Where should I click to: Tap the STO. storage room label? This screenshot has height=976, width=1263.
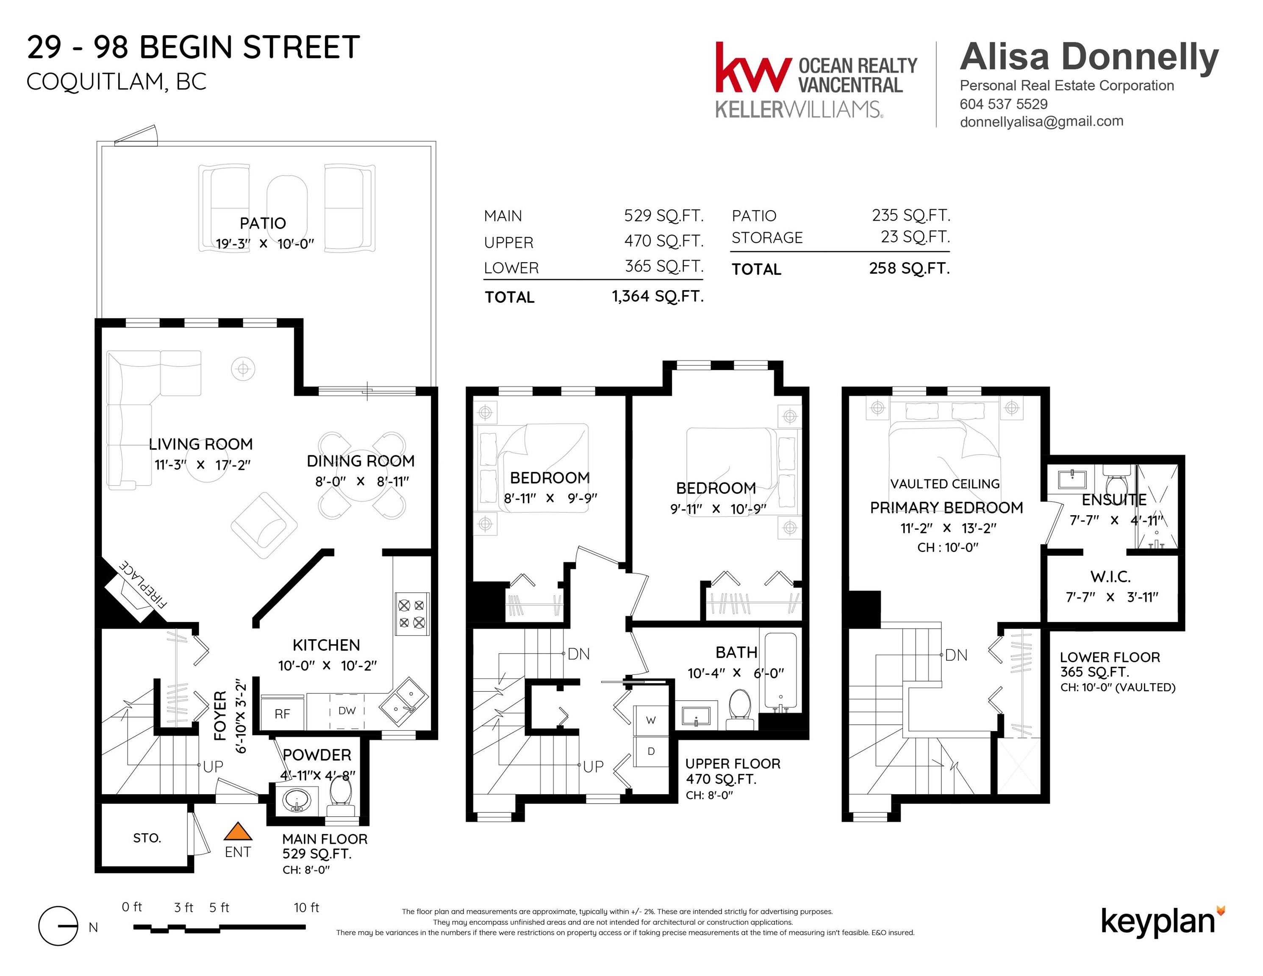point(147,838)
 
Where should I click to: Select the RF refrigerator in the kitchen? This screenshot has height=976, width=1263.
point(282,713)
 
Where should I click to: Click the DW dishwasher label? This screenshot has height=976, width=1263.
point(347,710)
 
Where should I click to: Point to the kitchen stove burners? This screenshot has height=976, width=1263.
point(412,613)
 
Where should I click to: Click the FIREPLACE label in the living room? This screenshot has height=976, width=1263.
point(143,584)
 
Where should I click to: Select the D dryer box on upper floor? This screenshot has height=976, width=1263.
point(651,751)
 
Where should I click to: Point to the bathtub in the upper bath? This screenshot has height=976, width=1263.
point(781,671)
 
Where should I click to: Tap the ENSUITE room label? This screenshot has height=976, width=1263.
point(1114,499)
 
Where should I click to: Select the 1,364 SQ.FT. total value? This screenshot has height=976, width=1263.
point(658,296)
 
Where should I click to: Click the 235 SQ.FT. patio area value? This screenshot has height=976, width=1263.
point(911,215)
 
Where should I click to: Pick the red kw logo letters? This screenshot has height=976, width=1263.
point(753,68)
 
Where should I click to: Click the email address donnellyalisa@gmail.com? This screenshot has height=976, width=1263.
point(1041,122)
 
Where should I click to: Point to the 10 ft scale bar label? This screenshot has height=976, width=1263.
point(306,907)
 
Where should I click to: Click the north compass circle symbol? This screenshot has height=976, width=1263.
point(58,926)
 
